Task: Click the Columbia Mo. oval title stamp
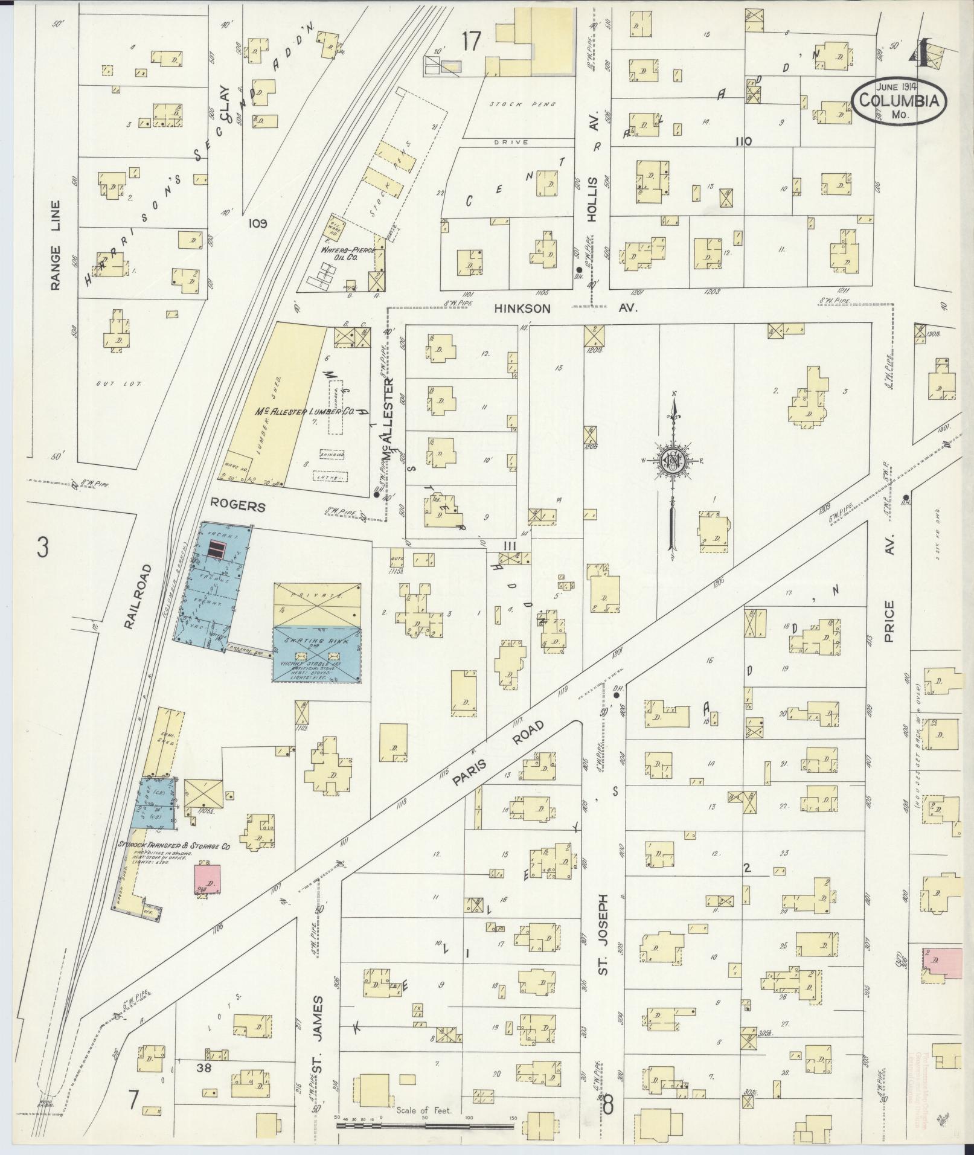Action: pyautogui.click(x=899, y=101)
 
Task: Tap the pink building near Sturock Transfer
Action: pyautogui.click(x=207, y=878)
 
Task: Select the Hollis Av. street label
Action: pyautogui.click(x=593, y=175)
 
